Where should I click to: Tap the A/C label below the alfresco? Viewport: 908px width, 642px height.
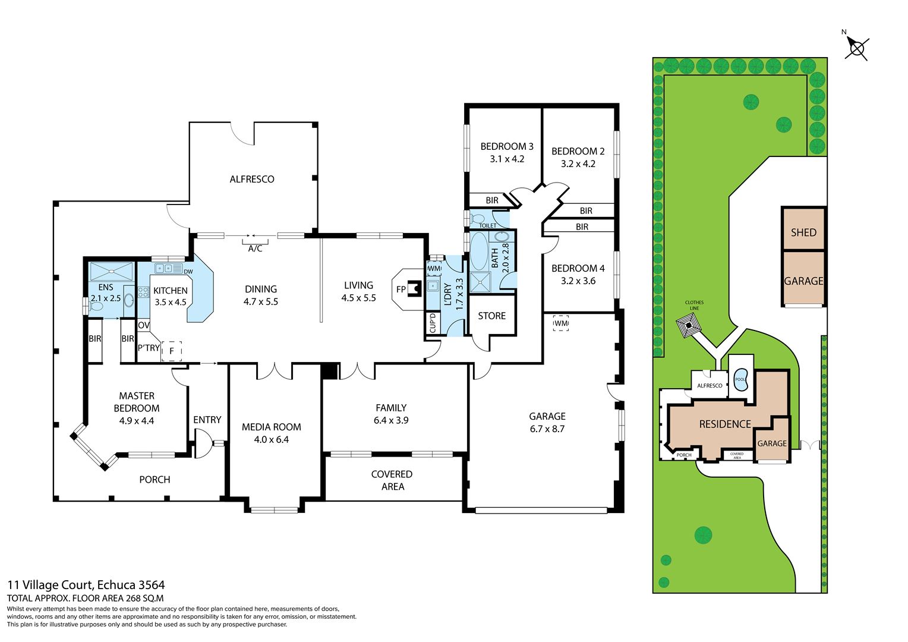255,248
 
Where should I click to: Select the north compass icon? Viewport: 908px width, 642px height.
856,48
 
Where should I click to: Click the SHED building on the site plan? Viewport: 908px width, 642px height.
803,232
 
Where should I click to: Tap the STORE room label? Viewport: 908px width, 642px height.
491,316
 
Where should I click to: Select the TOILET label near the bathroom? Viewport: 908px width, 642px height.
487,226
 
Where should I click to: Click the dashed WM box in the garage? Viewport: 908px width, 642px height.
561,323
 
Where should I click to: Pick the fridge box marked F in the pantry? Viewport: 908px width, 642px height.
172,351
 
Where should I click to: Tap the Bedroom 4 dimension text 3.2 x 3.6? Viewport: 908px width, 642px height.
578,281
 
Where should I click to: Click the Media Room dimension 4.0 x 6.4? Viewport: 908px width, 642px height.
271,440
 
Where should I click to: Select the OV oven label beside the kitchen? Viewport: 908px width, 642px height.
143,325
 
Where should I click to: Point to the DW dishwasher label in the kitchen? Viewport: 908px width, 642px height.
188,272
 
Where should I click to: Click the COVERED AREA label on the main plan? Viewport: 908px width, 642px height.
392,480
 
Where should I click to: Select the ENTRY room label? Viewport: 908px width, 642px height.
207,420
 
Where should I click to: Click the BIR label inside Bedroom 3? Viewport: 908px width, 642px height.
492,200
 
